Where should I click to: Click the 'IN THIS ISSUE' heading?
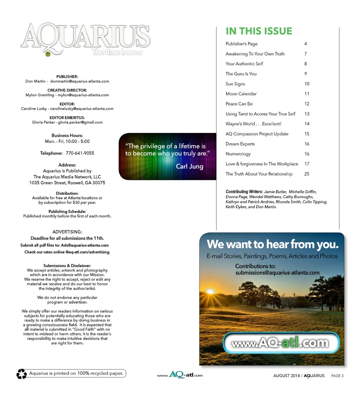click(x=259, y=31)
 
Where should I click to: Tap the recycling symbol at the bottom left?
click(x=21, y=374)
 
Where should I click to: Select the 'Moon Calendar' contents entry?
click(x=241, y=94)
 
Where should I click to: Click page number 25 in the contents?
click(x=307, y=174)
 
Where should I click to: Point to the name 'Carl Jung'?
click(x=189, y=166)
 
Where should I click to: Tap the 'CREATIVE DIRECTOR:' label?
click(x=67, y=90)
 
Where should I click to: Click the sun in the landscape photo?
click(x=210, y=291)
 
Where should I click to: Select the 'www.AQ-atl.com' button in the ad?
click(x=280, y=343)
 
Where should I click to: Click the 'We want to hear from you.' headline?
click(x=272, y=244)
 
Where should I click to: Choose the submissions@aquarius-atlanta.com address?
click(x=277, y=273)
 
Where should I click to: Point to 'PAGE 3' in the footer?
click(x=337, y=376)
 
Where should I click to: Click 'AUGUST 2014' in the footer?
click(x=286, y=376)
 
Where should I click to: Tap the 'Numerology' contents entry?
click(x=238, y=154)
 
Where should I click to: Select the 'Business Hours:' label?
click(x=67, y=136)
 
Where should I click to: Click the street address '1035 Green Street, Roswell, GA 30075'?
click(x=67, y=183)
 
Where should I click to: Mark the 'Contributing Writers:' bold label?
click(x=244, y=192)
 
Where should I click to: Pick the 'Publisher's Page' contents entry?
click(x=241, y=44)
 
